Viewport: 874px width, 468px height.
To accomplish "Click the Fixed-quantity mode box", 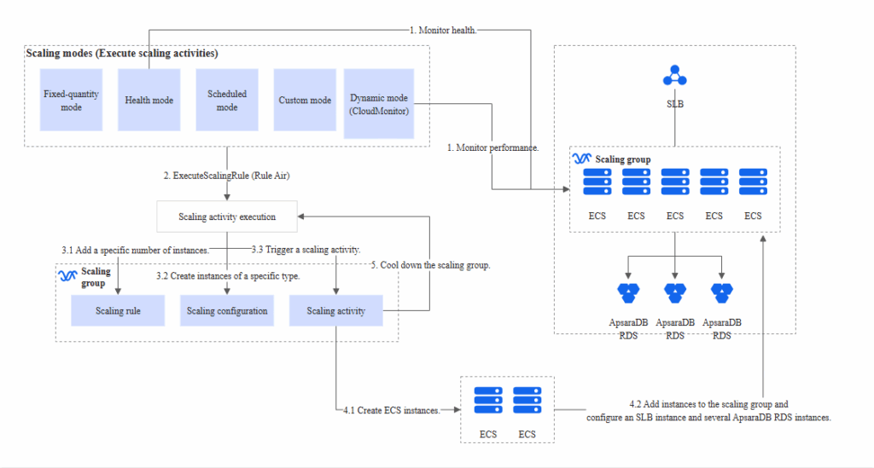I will pyautogui.click(x=71, y=101).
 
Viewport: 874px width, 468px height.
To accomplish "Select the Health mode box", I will pyautogui.click(x=149, y=101).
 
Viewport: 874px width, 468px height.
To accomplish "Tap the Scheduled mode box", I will pyautogui.click(x=227, y=101).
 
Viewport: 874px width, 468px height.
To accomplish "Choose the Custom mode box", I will pyautogui.click(x=305, y=101).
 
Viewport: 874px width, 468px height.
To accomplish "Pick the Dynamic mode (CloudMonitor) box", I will pyautogui.click(x=379, y=104).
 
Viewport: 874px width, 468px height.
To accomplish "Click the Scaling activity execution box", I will pyautogui.click(x=227, y=217).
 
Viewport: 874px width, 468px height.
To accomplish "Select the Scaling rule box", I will pyautogui.click(x=118, y=311).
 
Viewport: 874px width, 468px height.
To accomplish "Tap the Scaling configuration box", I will pyautogui.click(x=227, y=311).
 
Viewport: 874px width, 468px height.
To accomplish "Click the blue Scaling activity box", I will pyautogui.click(x=335, y=311).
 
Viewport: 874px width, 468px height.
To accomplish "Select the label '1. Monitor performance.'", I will pyautogui.click(x=493, y=147).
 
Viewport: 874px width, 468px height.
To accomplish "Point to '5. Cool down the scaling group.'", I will pyautogui.click(x=430, y=265).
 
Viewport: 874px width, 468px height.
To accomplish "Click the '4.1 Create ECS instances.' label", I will pyautogui.click(x=392, y=410).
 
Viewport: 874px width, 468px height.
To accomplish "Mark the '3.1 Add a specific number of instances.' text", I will pyautogui.click(x=135, y=250).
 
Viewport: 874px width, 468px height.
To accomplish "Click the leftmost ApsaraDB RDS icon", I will pyautogui.click(x=629, y=292).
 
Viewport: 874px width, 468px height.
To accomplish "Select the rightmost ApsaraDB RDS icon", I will pyautogui.click(x=722, y=292).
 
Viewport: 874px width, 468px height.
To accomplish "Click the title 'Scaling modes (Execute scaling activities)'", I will pyautogui.click(x=121, y=53).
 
